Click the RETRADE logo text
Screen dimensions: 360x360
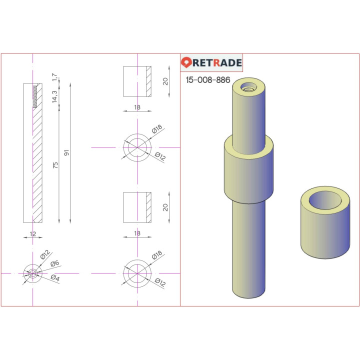coord(217,63)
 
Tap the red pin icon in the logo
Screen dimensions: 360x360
coord(186,63)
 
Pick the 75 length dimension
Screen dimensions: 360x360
coord(55,164)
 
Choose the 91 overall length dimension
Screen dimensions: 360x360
coord(66,152)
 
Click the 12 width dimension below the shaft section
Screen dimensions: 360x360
coord(33,233)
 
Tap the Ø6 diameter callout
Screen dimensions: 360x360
coord(55,263)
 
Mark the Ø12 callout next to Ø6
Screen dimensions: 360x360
coord(43,256)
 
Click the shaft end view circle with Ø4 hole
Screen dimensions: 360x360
coord(33,273)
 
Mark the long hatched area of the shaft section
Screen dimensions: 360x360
coord(38,165)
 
